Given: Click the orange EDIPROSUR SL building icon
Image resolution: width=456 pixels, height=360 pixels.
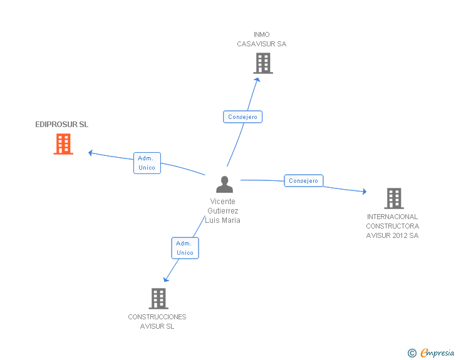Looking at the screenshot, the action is (x=63, y=144).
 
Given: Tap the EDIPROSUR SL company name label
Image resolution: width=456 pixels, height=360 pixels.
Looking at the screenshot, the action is (x=61, y=125).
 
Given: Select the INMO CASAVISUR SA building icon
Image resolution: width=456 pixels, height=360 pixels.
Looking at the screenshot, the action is (x=263, y=63).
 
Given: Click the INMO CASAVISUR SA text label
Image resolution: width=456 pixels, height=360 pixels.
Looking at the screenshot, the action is (x=261, y=39).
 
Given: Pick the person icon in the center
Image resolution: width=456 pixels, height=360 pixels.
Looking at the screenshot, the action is (x=224, y=184).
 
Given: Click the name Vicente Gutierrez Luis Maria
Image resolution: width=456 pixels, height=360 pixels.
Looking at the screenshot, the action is (x=222, y=211).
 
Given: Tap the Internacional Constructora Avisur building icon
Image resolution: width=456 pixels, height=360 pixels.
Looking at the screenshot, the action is (x=394, y=198).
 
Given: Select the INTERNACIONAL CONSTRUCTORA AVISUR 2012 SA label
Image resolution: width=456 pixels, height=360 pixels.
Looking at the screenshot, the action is (x=392, y=226).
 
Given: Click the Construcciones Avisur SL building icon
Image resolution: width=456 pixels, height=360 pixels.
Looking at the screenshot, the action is (x=158, y=299).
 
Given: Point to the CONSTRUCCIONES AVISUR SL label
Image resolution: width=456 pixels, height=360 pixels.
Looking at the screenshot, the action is (x=157, y=322).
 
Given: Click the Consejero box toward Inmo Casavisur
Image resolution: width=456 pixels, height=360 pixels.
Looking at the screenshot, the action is (x=242, y=117).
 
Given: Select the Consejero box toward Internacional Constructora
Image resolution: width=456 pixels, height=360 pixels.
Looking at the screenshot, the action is (x=303, y=180).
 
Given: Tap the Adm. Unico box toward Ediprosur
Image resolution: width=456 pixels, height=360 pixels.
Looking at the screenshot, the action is (x=147, y=163).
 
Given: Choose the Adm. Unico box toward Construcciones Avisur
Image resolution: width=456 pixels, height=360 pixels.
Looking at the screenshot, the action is (x=185, y=248).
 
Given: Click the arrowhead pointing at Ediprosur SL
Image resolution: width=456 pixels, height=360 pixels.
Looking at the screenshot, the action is (x=91, y=153).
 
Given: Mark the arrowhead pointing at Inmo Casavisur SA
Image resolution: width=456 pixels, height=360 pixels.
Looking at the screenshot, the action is (x=257, y=80).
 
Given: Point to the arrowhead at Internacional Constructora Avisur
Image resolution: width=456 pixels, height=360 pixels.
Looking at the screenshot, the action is (x=364, y=191).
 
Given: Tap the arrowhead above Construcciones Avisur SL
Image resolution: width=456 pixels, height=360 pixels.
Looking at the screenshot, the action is (x=166, y=279).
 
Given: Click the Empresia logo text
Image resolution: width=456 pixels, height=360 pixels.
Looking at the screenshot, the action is (x=437, y=352).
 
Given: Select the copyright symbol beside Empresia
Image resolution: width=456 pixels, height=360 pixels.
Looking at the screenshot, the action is (x=412, y=353).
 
